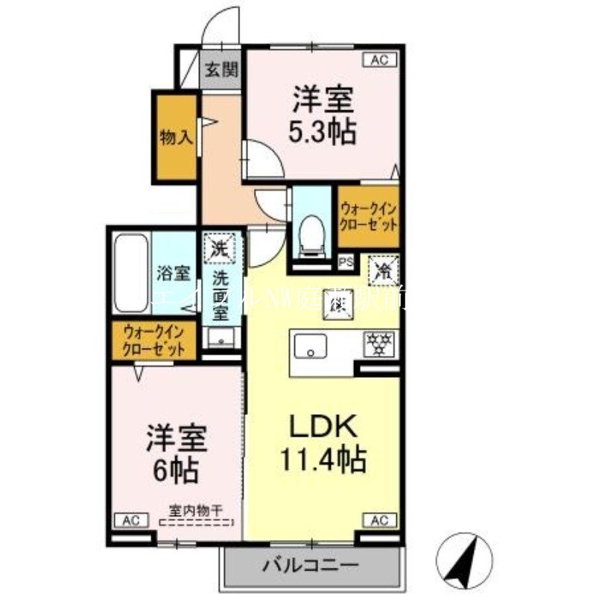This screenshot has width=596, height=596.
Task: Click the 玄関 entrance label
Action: (x=221, y=71)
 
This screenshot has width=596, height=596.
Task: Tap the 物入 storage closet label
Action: (x=177, y=138)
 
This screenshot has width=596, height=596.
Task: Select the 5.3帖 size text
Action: (x=323, y=131)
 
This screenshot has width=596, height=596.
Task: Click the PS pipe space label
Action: (x=346, y=261)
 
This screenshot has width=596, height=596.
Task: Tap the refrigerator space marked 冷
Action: (x=384, y=269)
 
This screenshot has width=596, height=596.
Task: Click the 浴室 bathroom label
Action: (x=174, y=273)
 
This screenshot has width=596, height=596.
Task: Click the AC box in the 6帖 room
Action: (x=128, y=520)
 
